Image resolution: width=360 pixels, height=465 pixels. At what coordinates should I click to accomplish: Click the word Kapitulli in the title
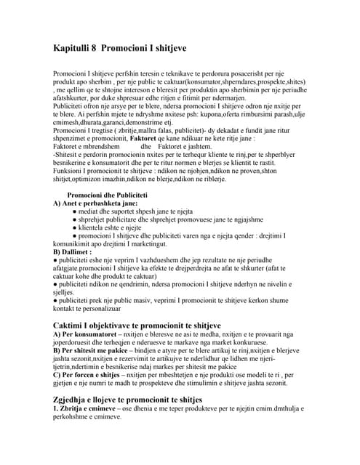74,48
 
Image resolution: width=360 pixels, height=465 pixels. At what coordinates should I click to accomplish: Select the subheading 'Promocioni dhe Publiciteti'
107,195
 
